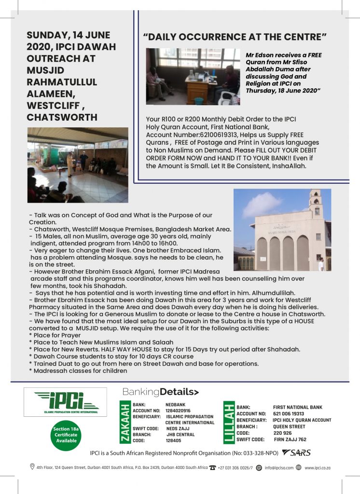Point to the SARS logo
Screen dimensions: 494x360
[x=296, y=453]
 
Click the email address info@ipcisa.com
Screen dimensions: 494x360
[x=279, y=467]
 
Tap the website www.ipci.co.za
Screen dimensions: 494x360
[x=318, y=467]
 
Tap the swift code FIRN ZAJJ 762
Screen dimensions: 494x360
[x=290, y=439]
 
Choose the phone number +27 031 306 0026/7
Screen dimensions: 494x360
[x=235, y=467]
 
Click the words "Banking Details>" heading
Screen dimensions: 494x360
[x=161, y=391]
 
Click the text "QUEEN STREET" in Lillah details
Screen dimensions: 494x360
[x=289, y=426]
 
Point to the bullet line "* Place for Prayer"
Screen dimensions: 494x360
[x=55, y=335]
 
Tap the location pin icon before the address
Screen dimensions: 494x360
[x=32, y=467]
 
